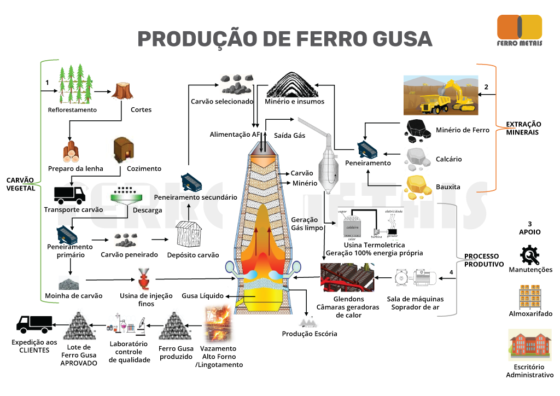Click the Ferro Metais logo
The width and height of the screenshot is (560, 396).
(519, 31)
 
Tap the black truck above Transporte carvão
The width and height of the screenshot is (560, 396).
(69, 195)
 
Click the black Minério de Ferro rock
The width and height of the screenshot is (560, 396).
(420, 129)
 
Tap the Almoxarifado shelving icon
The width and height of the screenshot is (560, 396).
(529, 298)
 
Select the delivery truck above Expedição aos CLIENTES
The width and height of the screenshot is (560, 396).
(34, 324)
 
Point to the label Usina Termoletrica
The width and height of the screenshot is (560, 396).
(374, 246)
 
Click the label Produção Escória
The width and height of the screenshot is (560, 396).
(310, 334)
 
